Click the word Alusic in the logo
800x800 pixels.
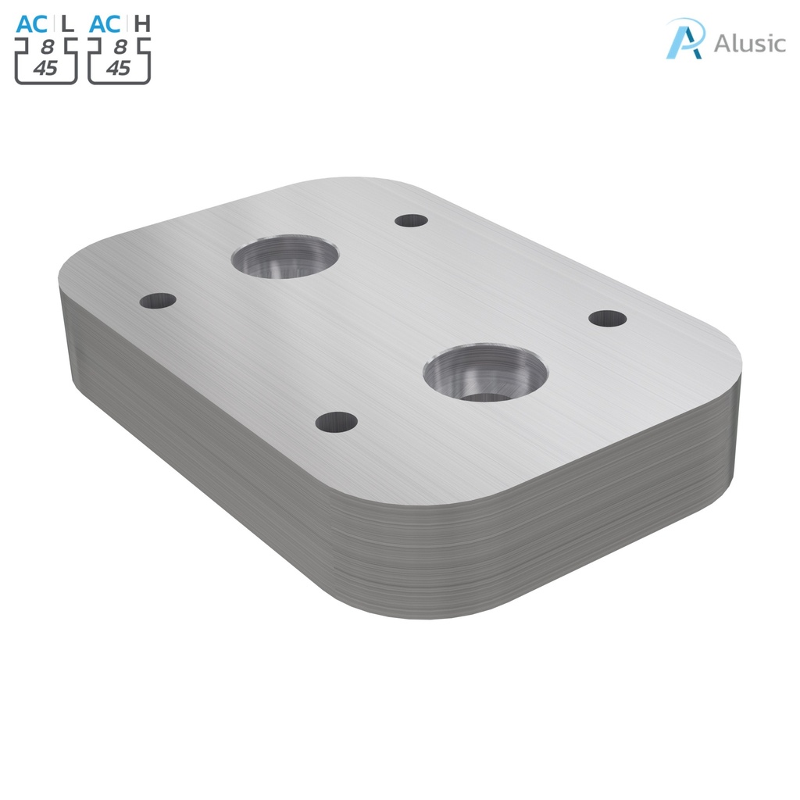[x=749, y=42]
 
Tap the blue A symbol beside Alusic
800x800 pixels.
[x=684, y=39]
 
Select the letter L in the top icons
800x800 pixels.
[x=68, y=23]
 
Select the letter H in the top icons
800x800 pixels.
[x=141, y=23]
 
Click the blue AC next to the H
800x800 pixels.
[x=106, y=23]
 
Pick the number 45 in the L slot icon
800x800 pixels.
[x=45, y=68]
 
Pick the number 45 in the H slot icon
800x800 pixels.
[x=118, y=68]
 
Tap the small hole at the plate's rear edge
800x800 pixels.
[x=410, y=220]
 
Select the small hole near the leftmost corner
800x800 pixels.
[x=158, y=300]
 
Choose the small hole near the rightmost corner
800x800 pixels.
[x=607, y=318]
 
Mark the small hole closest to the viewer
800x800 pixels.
[x=336, y=423]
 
